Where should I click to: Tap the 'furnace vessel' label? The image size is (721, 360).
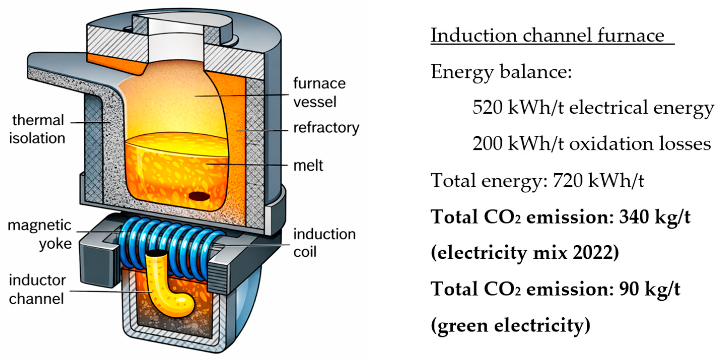pyautogui.click(x=319, y=92)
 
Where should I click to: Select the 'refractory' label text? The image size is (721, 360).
pyautogui.click(x=326, y=128)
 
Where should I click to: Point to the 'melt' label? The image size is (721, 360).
pyautogui.click(x=308, y=166)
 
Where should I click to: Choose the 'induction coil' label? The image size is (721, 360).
pyautogui.click(x=324, y=243)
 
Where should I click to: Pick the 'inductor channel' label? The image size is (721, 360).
pyautogui.click(x=37, y=289)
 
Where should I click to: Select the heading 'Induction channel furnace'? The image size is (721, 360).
pyautogui.click(x=547, y=35)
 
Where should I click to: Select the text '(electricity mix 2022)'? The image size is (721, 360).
pyautogui.click(x=525, y=253)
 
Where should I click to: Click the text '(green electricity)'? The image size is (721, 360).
pyautogui.click(x=511, y=325)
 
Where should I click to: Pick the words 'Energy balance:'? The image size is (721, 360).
pyautogui.click(x=501, y=72)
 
